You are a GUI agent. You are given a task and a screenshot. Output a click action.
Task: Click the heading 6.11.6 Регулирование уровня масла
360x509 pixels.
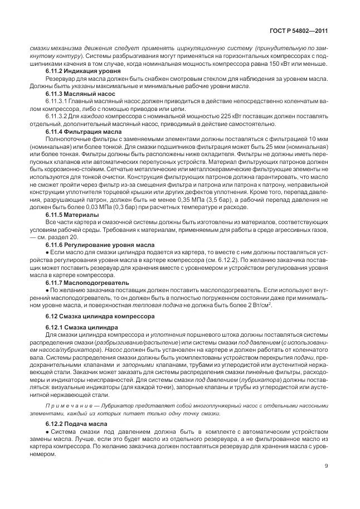coord(93,245)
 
